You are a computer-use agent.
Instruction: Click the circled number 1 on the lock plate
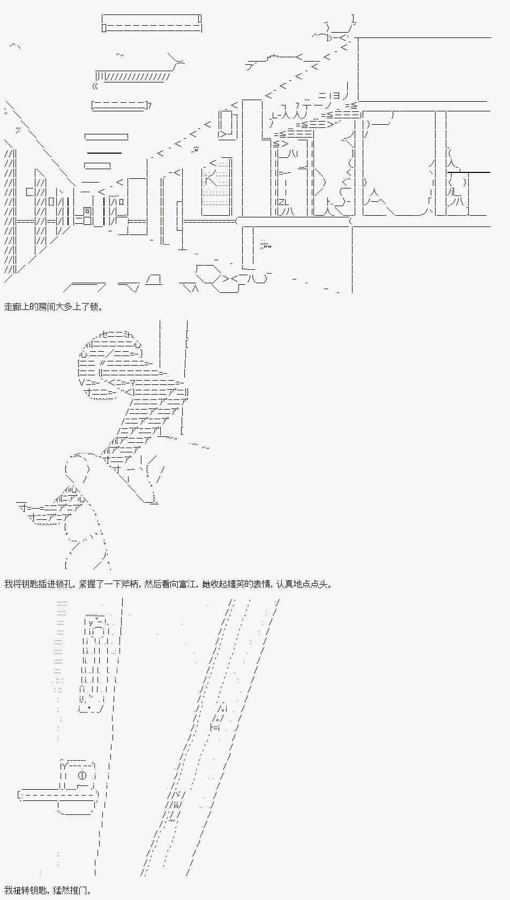[82, 776]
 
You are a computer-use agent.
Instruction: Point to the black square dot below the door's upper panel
[89, 707]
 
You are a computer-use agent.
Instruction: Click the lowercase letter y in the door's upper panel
[91, 622]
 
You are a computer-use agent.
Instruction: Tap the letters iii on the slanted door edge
[176, 804]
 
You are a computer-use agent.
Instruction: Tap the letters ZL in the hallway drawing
[284, 202]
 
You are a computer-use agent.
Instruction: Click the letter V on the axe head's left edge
[81, 382]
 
